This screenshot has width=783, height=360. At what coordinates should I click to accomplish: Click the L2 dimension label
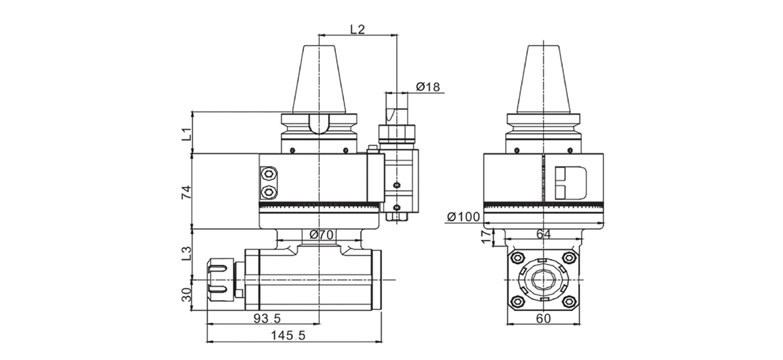click(x=357, y=29)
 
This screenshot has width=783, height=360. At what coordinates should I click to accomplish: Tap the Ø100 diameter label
click(x=465, y=217)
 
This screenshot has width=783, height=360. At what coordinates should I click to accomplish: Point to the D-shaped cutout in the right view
click(x=570, y=183)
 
